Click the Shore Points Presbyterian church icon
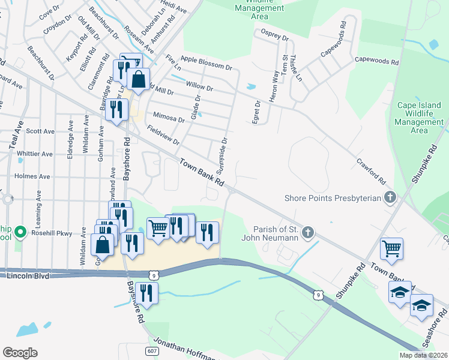tap(390, 197)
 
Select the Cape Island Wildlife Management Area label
tap(420, 118)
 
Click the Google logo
tap(20, 352)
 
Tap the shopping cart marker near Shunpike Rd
tap(391, 248)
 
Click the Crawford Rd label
tap(371, 171)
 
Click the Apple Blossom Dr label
tap(206, 62)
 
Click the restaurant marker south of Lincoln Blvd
tap(146, 293)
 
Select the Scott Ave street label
tap(40, 131)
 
